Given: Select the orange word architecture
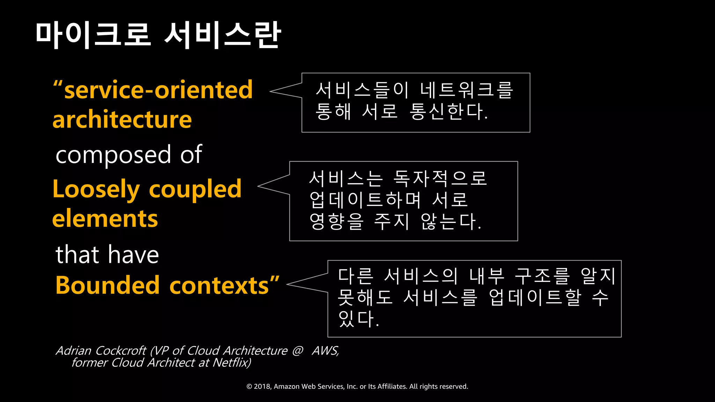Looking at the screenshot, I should pos(122,120).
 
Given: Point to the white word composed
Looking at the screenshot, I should pos(113,155).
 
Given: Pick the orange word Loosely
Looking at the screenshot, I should pos(96,189).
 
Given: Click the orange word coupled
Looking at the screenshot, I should pos(195,189).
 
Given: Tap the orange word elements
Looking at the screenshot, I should pos(105,219).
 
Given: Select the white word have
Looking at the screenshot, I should pos(133,254).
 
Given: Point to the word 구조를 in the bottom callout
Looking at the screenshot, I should pos(543,276).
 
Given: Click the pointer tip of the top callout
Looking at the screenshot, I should pos(271,91).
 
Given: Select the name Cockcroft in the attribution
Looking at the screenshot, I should pos(121,350).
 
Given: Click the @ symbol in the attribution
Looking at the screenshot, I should pos(297,350).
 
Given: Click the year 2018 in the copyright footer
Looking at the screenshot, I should pos(261,386).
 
